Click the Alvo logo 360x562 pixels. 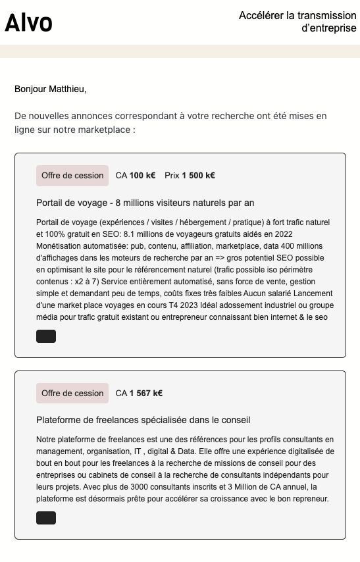(x=29, y=22)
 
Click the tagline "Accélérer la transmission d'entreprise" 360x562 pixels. (x=297, y=22)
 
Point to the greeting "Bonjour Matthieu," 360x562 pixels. (x=51, y=89)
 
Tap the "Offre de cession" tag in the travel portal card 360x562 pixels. (x=72, y=176)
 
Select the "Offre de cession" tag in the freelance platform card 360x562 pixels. (x=72, y=394)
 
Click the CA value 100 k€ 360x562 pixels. (x=142, y=176)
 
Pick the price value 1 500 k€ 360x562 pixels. (x=198, y=176)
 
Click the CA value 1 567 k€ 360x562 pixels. (x=145, y=394)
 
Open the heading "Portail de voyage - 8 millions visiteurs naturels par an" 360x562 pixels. (x=145, y=203)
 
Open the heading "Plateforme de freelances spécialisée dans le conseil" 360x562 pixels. (x=143, y=420)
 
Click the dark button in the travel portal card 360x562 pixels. (x=46, y=337)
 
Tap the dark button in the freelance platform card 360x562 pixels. (x=46, y=518)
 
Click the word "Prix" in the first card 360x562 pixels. (x=172, y=176)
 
